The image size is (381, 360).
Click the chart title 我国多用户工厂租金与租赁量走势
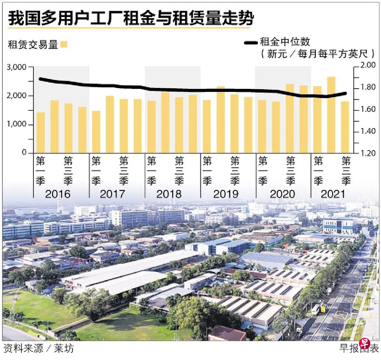tap(131, 19)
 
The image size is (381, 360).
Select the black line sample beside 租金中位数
tap(251, 42)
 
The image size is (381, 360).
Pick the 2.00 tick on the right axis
tap(368, 66)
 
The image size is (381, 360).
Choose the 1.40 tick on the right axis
tap(368, 131)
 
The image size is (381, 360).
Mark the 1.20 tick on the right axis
tap(368, 153)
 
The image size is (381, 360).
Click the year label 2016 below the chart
tap(58, 194)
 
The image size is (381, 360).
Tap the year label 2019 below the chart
tap(226, 194)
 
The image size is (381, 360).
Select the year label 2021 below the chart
tap(333, 194)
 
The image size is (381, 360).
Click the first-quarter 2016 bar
tap(41, 133)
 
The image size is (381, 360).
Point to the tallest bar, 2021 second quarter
tap(331, 115)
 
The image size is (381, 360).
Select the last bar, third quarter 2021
tap(345, 127)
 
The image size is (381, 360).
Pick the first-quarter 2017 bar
tap(96, 132)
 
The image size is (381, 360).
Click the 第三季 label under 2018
tap(179, 171)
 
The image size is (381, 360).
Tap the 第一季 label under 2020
tap(263, 171)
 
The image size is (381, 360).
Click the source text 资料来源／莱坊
tap(38, 349)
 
